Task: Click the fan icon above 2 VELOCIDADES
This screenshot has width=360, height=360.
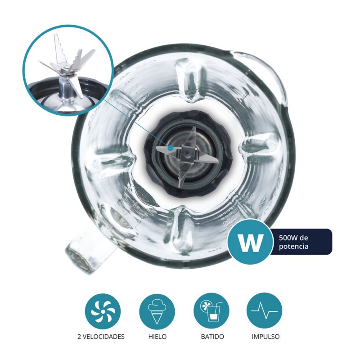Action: click(103, 311)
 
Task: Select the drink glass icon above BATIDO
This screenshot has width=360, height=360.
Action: click(211, 311)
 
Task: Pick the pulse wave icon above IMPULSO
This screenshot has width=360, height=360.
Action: click(264, 310)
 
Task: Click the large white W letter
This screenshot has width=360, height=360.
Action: click(250, 242)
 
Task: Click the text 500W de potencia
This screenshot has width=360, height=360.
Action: click(293, 242)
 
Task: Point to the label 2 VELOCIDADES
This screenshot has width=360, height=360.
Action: click(101, 337)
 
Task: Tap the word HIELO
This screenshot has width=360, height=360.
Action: click(157, 337)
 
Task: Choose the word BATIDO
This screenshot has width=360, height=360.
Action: click(212, 337)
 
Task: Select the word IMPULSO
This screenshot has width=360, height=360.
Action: click(265, 337)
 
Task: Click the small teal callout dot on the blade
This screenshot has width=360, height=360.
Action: click(170, 148)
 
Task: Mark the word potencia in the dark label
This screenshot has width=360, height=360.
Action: click(293, 247)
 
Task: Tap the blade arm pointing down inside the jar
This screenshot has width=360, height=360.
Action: click(181, 173)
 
